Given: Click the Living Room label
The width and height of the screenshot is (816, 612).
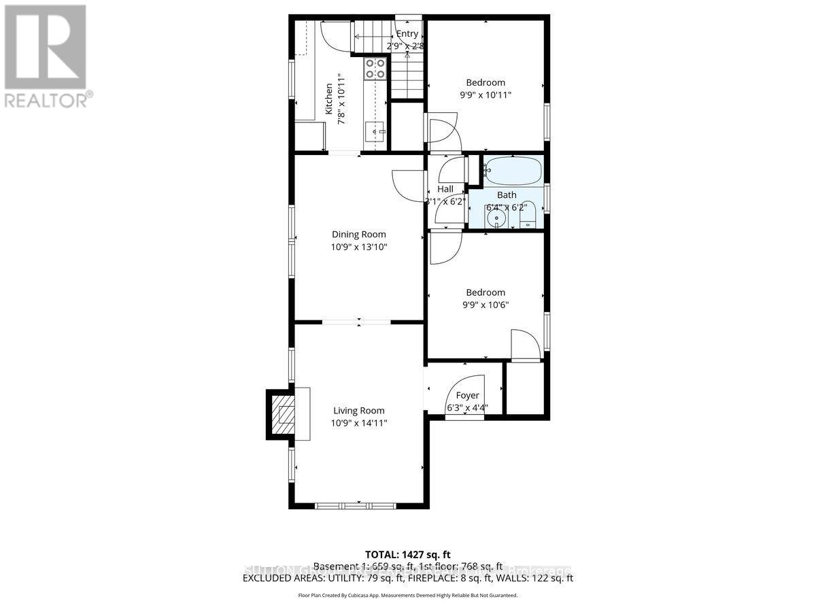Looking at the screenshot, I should [x=358, y=410].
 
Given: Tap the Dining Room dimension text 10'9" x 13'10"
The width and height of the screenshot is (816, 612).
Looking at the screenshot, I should [x=358, y=248].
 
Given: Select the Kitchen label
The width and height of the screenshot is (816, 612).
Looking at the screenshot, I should [x=329, y=99].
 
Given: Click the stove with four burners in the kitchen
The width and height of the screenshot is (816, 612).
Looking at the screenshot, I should [x=376, y=68].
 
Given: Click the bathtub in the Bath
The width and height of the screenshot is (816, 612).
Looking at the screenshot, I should [x=514, y=171].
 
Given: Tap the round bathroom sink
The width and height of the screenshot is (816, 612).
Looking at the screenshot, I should [x=496, y=218].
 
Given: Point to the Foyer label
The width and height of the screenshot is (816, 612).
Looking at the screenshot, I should [x=467, y=395].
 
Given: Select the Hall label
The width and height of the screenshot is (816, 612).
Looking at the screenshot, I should [x=445, y=189].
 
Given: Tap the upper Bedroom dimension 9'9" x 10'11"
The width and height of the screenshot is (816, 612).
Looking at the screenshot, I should [x=485, y=95].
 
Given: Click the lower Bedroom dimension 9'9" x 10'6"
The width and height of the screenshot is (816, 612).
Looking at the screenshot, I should [x=485, y=305].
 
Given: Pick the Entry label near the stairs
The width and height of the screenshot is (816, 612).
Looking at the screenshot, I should [x=407, y=34].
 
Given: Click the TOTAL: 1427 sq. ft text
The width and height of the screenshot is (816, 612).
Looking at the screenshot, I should [x=407, y=555].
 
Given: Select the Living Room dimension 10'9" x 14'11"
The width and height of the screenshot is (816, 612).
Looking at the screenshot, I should [x=358, y=423].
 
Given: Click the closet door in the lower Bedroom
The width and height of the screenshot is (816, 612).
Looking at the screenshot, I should [x=525, y=345].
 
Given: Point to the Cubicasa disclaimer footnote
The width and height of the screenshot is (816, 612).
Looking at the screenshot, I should [x=407, y=595].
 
